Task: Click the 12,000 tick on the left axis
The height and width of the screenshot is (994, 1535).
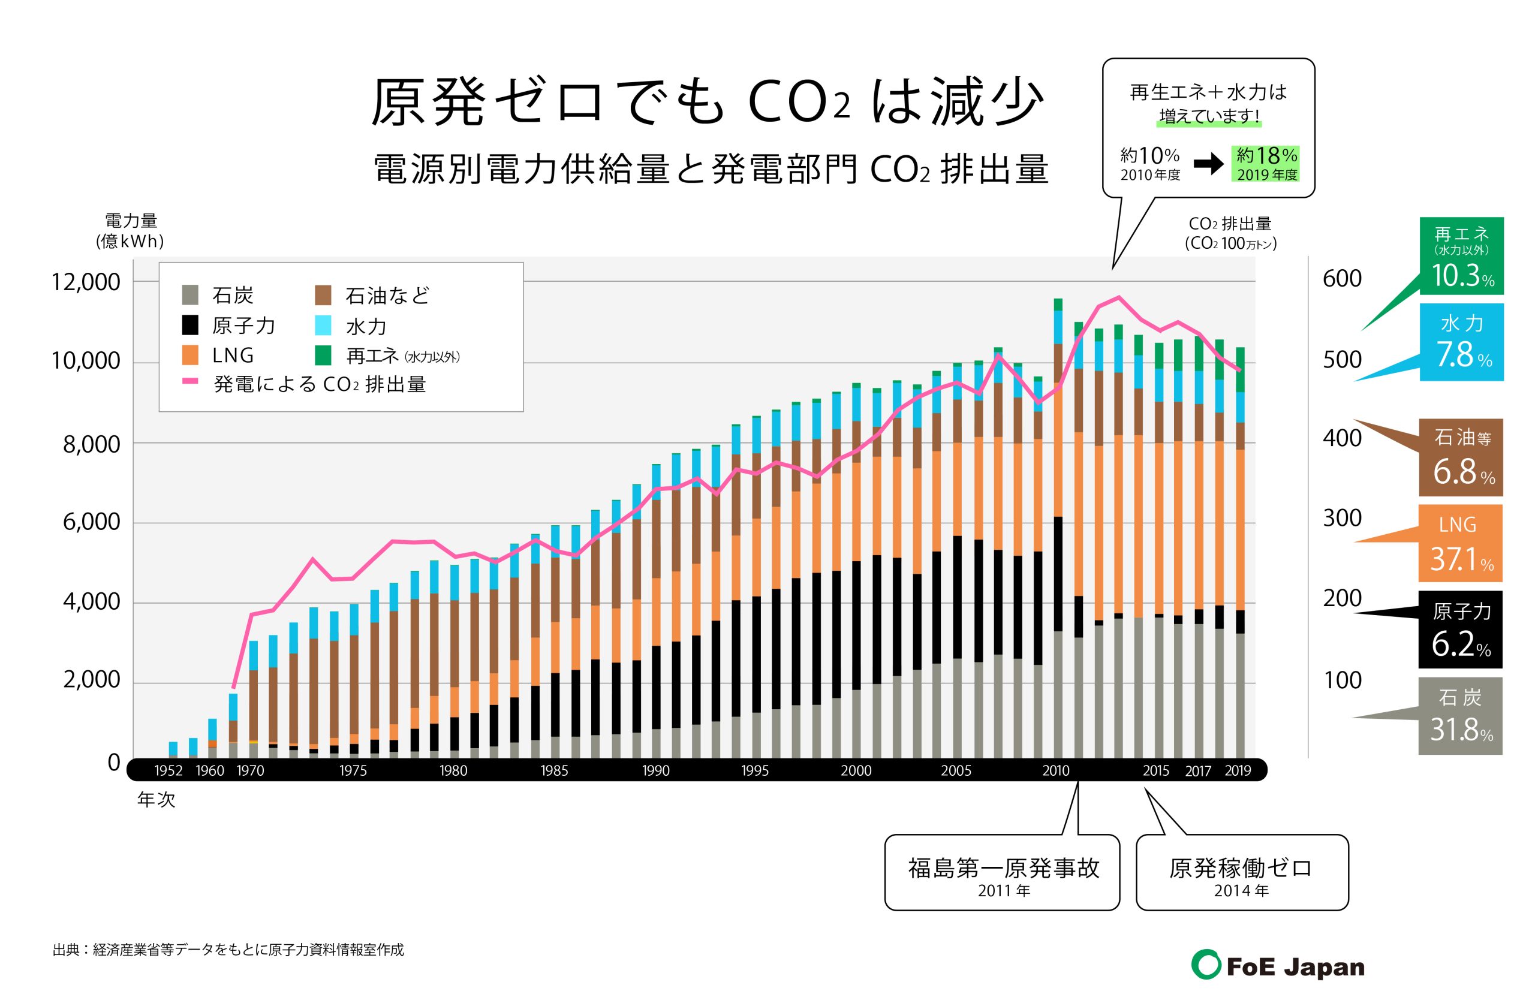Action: pos(86,282)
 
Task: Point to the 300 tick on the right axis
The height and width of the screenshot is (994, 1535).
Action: pos(1342,518)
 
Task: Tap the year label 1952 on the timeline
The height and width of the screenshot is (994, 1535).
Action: pos(168,770)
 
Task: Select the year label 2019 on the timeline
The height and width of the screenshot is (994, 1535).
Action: pos(1237,770)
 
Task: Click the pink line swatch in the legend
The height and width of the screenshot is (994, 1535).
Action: pos(190,381)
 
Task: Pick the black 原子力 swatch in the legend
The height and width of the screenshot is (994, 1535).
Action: pos(189,325)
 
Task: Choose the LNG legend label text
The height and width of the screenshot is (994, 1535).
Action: pos(233,356)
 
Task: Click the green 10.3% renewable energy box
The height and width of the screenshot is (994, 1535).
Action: pos(1461,256)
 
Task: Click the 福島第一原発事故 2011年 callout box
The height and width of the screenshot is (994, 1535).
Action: pos(1003,873)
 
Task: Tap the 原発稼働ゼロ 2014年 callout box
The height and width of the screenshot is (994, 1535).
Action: pos(1241,873)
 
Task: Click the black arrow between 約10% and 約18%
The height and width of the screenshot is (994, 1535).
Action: pos(1208,164)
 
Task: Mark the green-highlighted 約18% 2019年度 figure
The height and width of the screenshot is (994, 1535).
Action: pos(1265,163)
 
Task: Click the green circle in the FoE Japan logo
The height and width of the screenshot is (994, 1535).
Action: pos(1205,965)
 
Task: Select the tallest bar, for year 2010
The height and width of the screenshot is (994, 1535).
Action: pos(1058,529)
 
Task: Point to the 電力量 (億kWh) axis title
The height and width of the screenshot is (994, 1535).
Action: pos(131,230)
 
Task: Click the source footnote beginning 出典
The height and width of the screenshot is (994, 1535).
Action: pos(228,950)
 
